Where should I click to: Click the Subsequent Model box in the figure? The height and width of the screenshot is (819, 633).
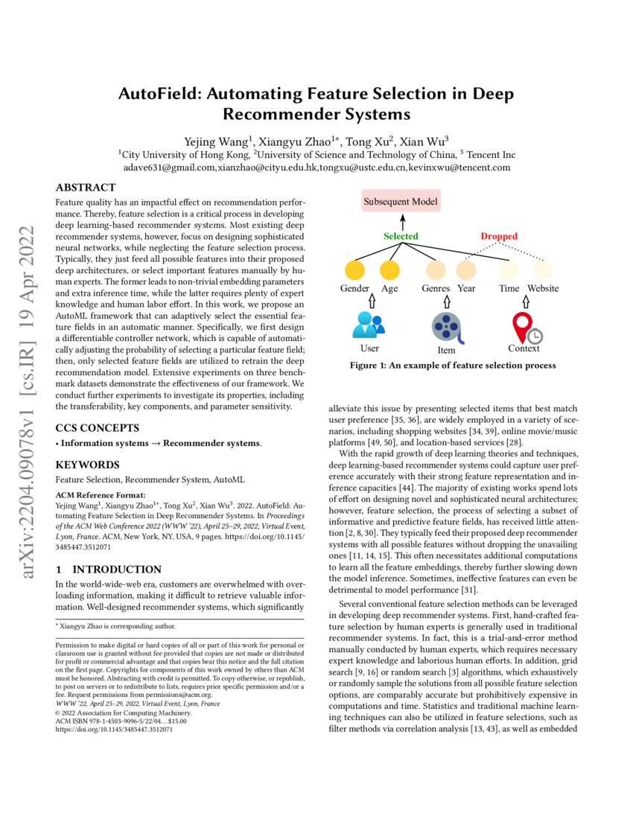pyautogui.click(x=401, y=201)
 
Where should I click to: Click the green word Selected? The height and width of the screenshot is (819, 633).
pyautogui.click(x=401, y=236)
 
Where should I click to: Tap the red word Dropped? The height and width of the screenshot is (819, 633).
pyautogui.click(x=498, y=236)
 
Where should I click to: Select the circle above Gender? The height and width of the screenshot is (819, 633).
pyautogui.click(x=355, y=270)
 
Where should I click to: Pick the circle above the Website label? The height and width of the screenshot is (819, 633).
pyautogui.click(x=543, y=270)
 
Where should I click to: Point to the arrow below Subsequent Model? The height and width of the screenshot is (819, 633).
pyautogui.click(x=401, y=221)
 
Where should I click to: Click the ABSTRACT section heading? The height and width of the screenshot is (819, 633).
pyautogui.click(x=86, y=188)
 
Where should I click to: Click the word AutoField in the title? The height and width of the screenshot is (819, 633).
pyautogui.click(x=157, y=95)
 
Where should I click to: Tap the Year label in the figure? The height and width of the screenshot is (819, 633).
pyautogui.click(x=467, y=288)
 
